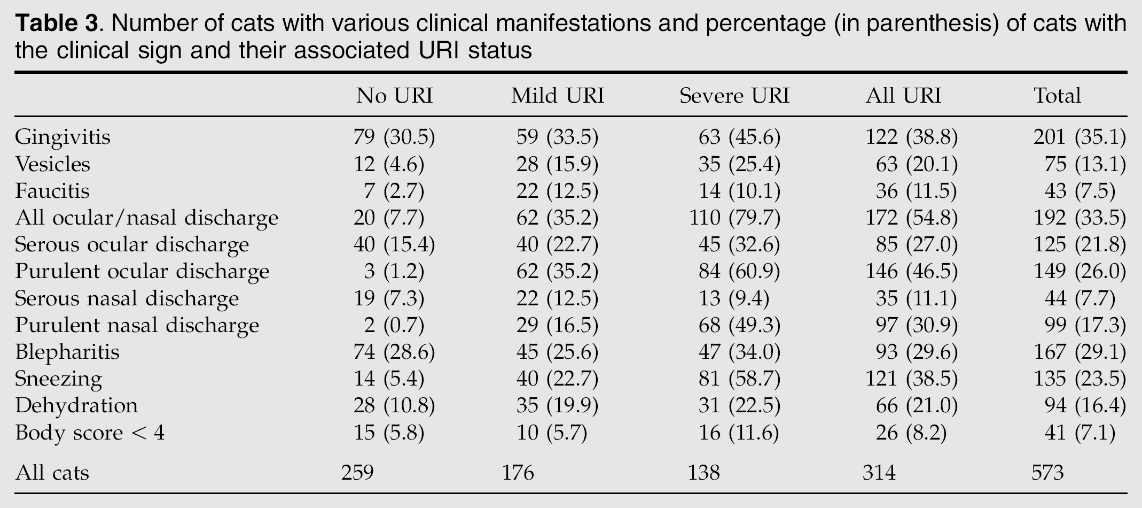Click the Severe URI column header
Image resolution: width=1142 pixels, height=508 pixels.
coord(734,96)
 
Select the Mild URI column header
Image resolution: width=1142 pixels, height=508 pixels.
coord(557,96)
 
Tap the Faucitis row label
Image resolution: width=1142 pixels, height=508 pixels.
coord(52,191)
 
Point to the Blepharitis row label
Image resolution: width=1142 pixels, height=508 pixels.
coord(67,352)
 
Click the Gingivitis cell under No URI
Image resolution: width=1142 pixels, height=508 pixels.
coord(394,137)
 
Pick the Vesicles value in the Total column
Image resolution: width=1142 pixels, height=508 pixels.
coord(1085,164)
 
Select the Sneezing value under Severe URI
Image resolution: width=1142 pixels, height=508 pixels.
coord(739,379)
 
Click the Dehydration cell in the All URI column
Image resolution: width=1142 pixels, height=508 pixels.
coord(917,406)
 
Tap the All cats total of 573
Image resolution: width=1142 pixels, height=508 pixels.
coord(1048,473)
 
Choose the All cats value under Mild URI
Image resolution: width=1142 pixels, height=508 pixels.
coord(518,473)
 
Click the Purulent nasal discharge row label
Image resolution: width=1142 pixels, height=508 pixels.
coord(137,325)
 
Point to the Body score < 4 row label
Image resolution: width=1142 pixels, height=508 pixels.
coord(90,432)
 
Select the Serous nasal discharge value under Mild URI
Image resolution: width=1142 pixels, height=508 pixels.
coord(557,298)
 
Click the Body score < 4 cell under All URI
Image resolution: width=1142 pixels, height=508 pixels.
coord(911,433)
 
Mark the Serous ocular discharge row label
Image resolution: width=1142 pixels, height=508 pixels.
coord(132,245)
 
